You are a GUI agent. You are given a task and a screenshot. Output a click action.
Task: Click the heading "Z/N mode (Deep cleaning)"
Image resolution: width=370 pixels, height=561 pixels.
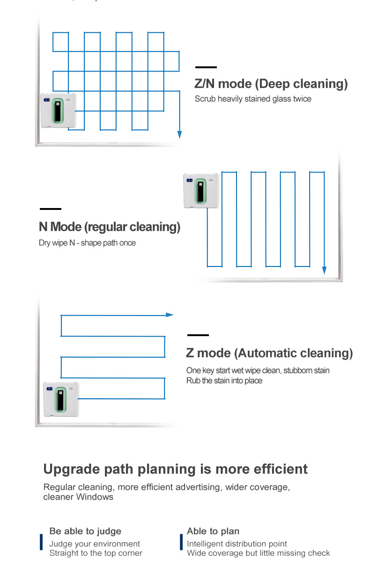[271, 84]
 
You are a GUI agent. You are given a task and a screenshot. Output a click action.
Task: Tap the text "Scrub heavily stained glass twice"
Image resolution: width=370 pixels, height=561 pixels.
[253, 99]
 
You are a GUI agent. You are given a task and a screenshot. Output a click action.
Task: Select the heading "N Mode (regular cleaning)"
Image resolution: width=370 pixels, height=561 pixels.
[110, 227]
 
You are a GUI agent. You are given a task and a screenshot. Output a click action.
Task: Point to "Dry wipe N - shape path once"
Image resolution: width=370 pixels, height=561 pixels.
[87, 243]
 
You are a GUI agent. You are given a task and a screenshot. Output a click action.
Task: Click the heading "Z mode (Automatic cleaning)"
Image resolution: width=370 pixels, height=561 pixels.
[269, 353]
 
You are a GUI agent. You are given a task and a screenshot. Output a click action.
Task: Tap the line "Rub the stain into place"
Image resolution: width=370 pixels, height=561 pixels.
[224, 381]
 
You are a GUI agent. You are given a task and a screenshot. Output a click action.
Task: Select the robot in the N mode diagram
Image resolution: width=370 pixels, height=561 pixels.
[200, 191]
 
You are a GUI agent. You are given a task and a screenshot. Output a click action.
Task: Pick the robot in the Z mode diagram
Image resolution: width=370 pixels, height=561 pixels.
[61, 399]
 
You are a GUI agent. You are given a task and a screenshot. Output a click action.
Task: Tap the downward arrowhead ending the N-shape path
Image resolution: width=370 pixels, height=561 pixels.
[324, 270]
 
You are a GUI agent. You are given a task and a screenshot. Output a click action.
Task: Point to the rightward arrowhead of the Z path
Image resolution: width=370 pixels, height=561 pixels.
[170, 315]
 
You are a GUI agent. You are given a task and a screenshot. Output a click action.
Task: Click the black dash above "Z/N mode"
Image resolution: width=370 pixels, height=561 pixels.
[206, 68]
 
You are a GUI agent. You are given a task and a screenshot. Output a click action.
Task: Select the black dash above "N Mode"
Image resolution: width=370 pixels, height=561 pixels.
[51, 209]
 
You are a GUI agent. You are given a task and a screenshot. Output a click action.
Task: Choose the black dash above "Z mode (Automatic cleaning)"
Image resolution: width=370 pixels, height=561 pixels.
[198, 335]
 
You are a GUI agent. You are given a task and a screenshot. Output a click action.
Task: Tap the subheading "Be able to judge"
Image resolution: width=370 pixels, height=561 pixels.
[85, 531]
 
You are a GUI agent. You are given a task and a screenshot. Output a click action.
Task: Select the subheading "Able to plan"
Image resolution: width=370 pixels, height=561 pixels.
[213, 531]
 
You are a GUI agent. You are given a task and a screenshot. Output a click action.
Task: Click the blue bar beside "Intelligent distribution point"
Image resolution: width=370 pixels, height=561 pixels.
[181, 542]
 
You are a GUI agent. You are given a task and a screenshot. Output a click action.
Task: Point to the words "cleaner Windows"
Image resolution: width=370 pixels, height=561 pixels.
[78, 497]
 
